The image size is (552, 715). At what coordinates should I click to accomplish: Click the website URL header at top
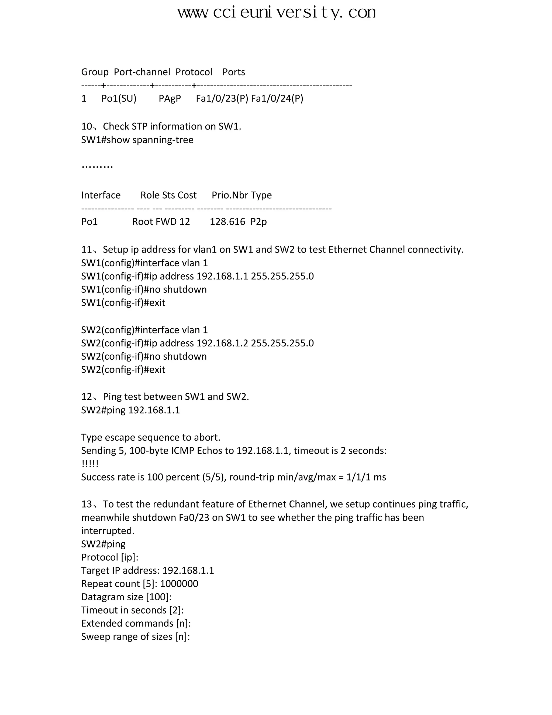coord(276,12)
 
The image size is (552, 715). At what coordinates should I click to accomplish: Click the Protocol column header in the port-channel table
coord(194,72)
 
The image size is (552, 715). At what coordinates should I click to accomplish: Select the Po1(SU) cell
coord(119,98)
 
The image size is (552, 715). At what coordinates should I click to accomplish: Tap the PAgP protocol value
coord(170,98)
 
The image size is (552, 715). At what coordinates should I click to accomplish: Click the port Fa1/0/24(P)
coord(277,98)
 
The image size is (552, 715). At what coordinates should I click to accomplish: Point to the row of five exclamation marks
coord(90,464)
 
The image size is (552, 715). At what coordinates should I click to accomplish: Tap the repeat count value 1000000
coord(179,584)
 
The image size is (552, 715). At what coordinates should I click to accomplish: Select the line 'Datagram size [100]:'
coord(126,597)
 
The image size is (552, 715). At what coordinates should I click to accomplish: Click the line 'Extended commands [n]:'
coord(136,623)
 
